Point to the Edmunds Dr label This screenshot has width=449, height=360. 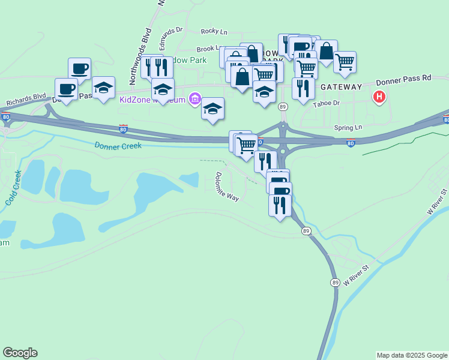170,38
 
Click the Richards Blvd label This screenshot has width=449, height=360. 26,99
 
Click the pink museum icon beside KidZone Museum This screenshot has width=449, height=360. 194,98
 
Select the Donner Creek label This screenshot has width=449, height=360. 118,145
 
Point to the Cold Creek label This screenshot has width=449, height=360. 13,188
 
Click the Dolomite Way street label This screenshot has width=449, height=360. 226,187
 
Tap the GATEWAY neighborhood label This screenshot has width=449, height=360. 341,87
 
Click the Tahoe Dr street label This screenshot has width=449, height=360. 326,103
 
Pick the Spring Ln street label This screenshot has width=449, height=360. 349,128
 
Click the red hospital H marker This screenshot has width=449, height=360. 379,96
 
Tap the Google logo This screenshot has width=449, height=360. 20,353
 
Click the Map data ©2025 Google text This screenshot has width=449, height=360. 412,355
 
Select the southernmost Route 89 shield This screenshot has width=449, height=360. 334,282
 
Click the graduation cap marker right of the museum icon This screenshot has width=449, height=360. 212,109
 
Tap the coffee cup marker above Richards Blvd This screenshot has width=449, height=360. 66,89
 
